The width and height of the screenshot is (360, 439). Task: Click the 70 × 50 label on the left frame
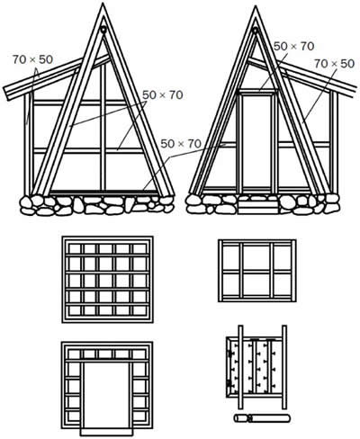(32, 59)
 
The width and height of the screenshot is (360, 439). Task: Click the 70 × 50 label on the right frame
(334, 64)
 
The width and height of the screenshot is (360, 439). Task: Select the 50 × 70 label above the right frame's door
(293, 46)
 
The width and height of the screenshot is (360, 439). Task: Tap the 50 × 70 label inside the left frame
(163, 95)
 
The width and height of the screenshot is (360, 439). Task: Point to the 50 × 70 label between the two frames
(181, 144)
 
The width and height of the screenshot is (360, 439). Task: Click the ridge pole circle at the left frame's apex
(103, 30)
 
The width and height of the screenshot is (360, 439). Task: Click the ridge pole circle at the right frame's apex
(256, 30)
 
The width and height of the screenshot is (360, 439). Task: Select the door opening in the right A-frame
(257, 143)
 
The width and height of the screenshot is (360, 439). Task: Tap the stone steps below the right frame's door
(257, 207)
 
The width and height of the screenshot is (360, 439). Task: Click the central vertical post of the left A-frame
(103, 127)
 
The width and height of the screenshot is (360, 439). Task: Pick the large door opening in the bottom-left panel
(106, 396)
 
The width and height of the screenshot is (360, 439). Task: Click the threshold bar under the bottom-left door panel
(106, 432)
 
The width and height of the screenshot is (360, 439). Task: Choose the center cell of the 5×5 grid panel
(105, 281)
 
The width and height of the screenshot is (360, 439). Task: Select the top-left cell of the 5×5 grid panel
(75, 248)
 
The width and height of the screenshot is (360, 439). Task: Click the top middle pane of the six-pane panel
(257, 257)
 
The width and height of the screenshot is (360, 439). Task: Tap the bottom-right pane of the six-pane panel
(283, 285)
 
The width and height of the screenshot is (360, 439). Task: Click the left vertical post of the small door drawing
(240, 367)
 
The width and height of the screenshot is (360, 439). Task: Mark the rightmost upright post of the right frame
(335, 141)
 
